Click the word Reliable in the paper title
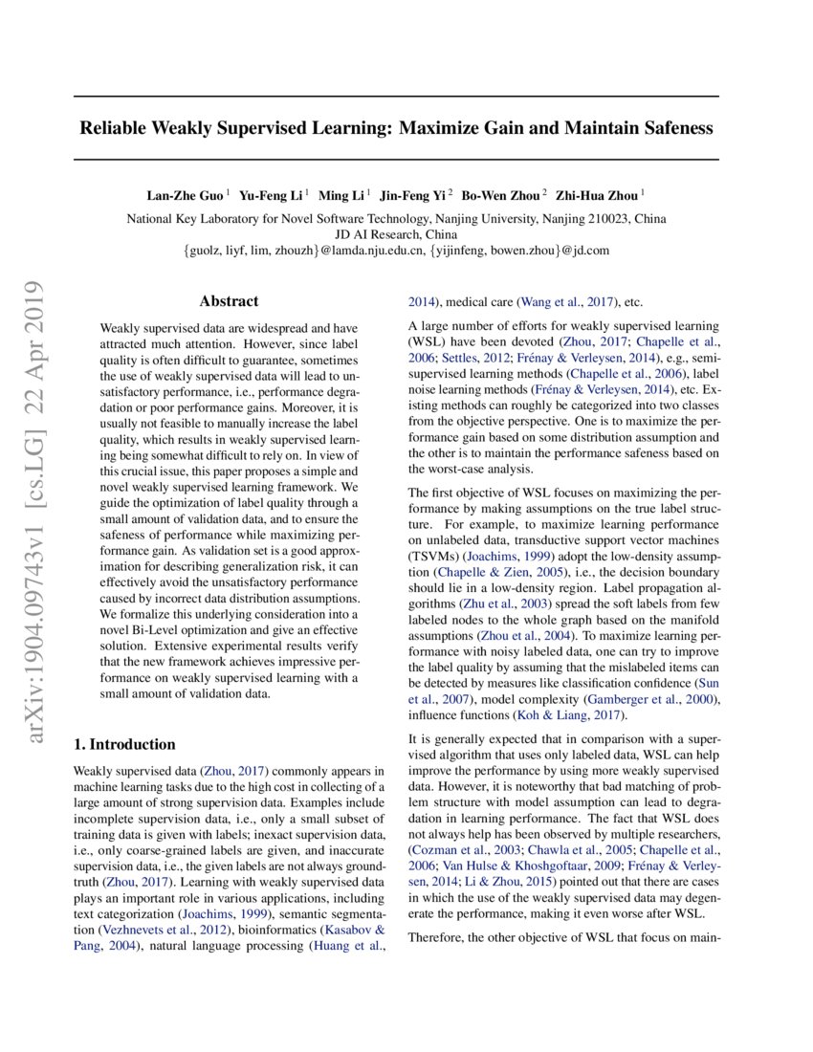117,127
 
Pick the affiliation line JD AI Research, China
396,234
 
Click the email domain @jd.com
586,251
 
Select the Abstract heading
229,301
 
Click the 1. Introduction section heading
124,744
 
